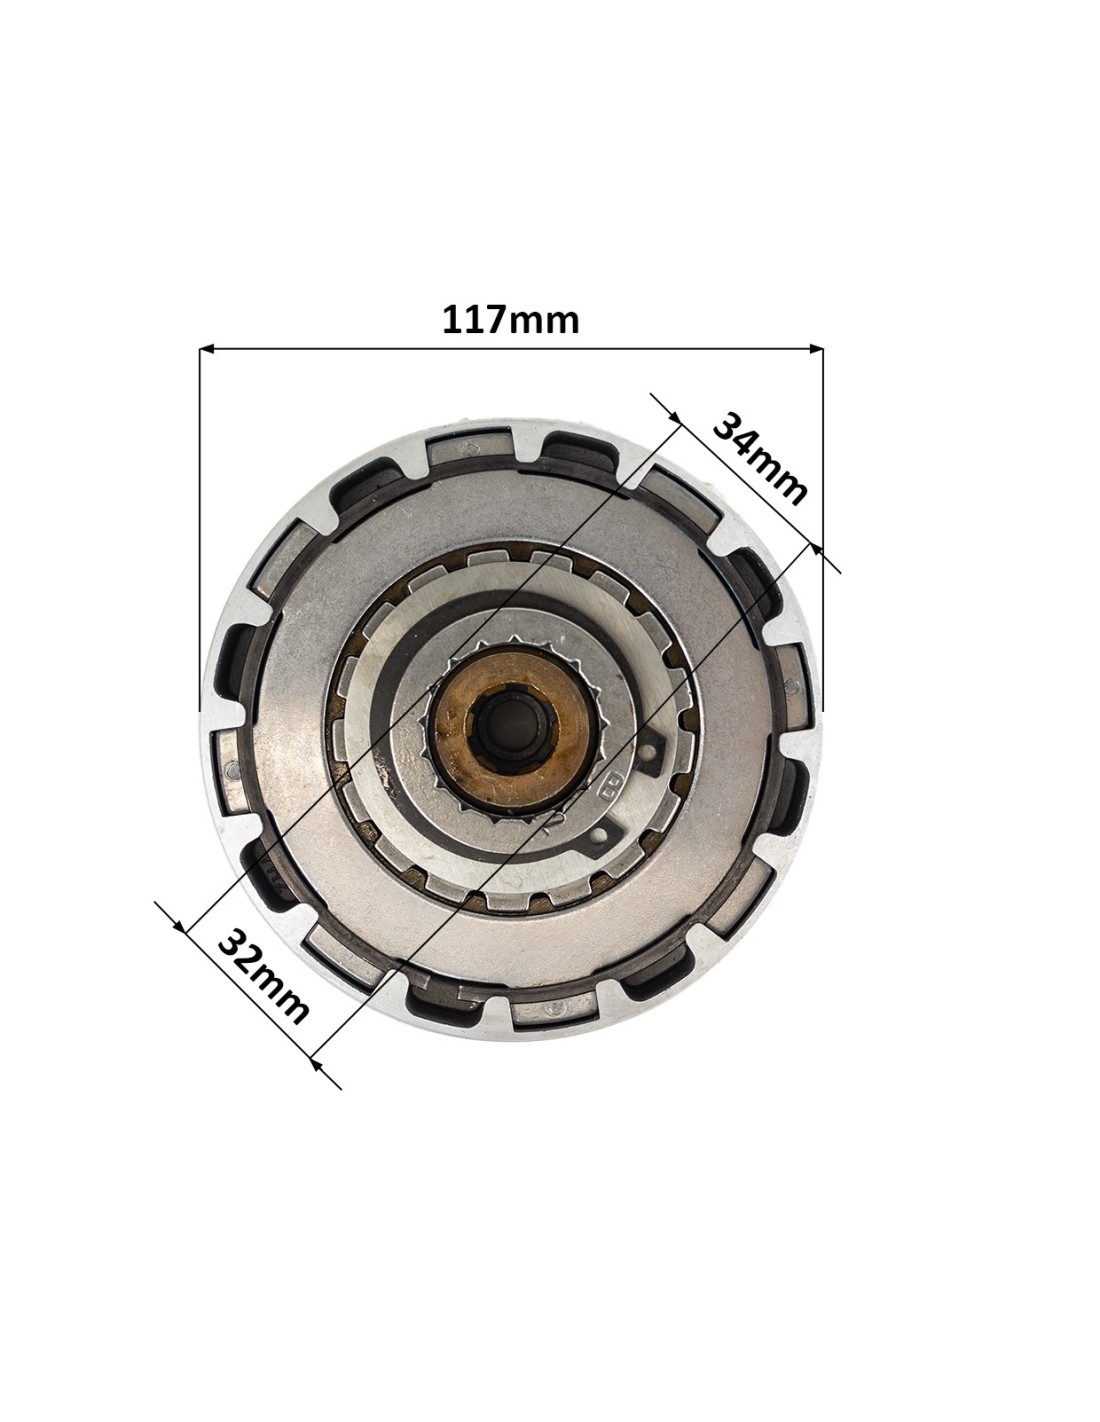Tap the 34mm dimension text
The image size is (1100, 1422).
759,459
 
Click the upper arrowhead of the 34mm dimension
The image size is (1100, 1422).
673,417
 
